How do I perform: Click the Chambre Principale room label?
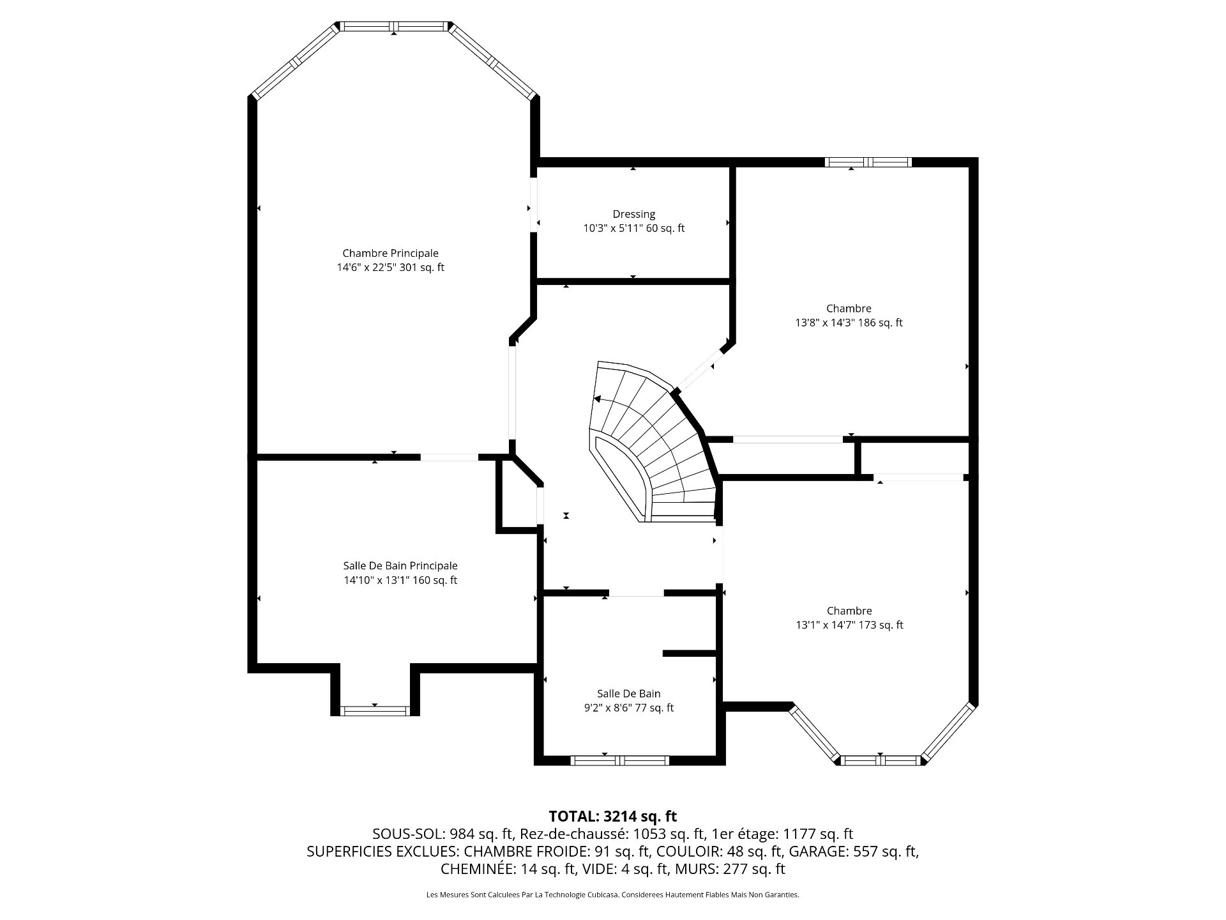pyautogui.click(x=390, y=254)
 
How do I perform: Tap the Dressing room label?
pyautogui.click(x=633, y=214)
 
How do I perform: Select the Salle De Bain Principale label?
pyautogui.click(x=400, y=566)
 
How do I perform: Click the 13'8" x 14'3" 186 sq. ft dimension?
pyautogui.click(x=849, y=323)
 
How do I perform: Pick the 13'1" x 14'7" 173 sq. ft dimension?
pyautogui.click(x=849, y=625)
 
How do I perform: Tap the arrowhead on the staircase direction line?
pyautogui.click(x=597, y=399)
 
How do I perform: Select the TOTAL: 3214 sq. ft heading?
pyautogui.click(x=613, y=816)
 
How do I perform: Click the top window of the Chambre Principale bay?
pyautogui.click(x=394, y=26)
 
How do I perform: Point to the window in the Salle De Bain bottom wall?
pyautogui.click(x=619, y=760)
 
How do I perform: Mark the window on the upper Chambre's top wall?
pyautogui.click(x=868, y=162)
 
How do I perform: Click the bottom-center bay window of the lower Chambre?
pyautogui.click(x=881, y=760)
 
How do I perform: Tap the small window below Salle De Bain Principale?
pyautogui.click(x=374, y=710)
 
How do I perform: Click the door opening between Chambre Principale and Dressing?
pyautogui.click(x=533, y=204)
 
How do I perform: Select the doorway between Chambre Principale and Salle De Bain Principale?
pyautogui.click(x=449, y=457)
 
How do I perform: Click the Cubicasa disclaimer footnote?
pyautogui.click(x=613, y=895)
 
